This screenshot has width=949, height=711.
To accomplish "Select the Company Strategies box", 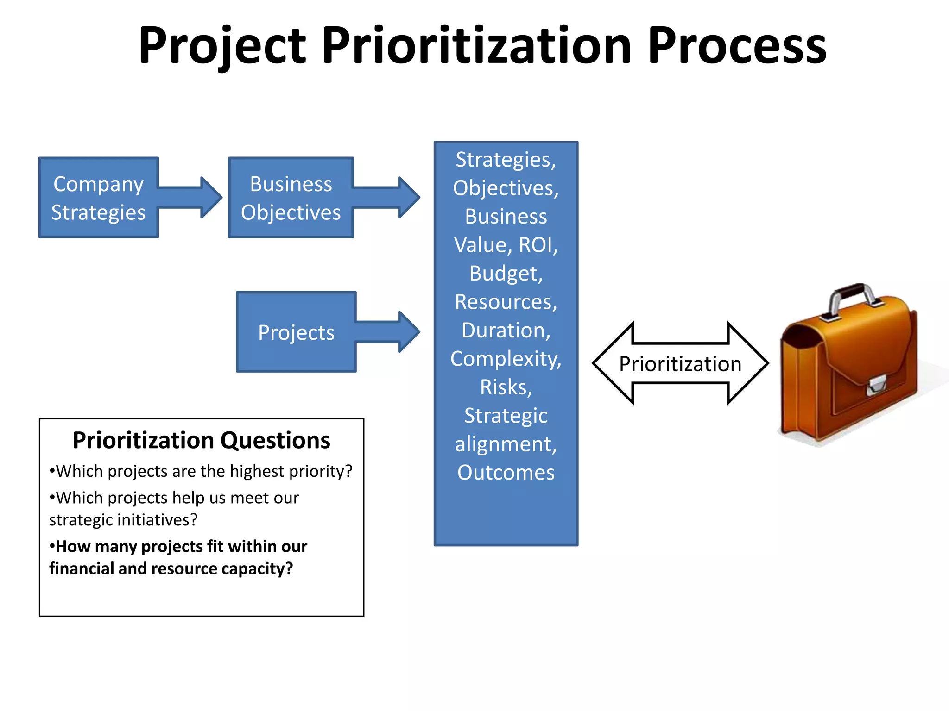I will [98, 198].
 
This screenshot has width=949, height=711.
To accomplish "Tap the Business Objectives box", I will [291, 198].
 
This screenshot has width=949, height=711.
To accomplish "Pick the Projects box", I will [296, 332].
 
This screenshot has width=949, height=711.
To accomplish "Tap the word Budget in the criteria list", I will [505, 274].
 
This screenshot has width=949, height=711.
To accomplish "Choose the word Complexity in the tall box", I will [505, 359].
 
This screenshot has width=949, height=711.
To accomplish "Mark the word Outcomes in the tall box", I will [506, 473].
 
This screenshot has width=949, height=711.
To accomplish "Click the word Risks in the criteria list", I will [505, 387].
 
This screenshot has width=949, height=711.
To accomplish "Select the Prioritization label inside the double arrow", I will [680, 364].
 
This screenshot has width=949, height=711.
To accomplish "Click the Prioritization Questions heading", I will [202, 440].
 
